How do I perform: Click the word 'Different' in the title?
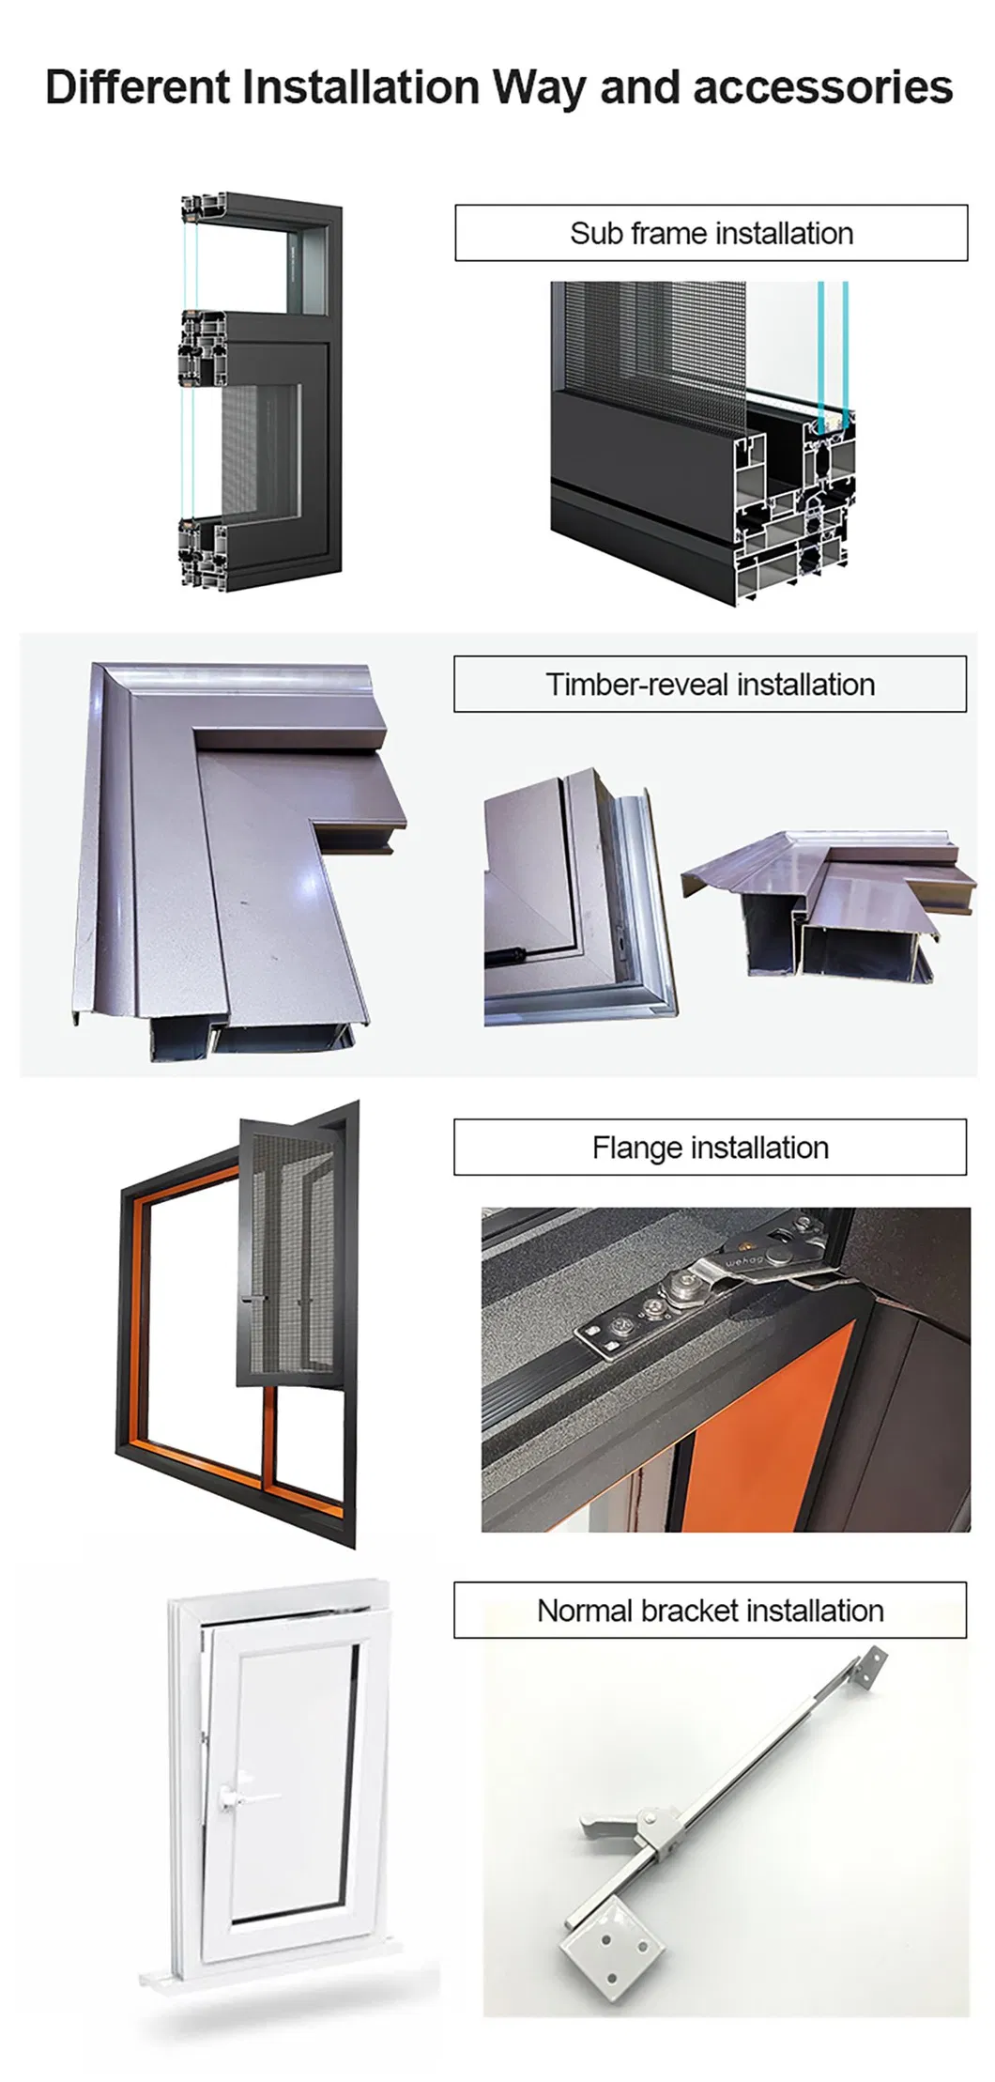click(x=138, y=87)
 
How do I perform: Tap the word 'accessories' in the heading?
click(x=823, y=87)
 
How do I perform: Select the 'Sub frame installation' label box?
click(x=711, y=233)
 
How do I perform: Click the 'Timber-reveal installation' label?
click(x=710, y=684)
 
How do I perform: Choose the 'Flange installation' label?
click(x=710, y=1147)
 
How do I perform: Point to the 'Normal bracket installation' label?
click(x=710, y=1611)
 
